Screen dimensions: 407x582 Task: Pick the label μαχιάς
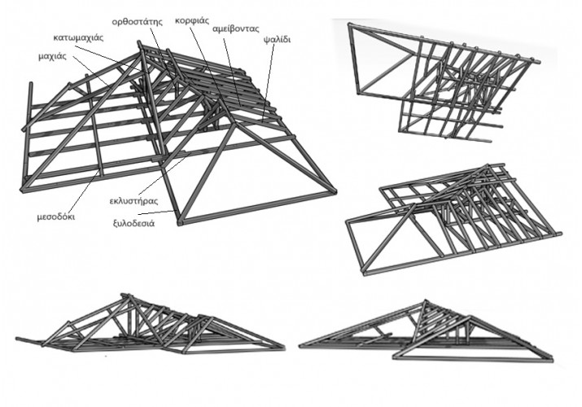click(52, 57)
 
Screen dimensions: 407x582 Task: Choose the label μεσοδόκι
click(58, 217)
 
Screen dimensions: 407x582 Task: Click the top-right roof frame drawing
click(444, 81)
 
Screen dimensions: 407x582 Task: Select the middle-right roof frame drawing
click(452, 220)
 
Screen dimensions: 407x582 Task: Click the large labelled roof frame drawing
click(179, 138)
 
